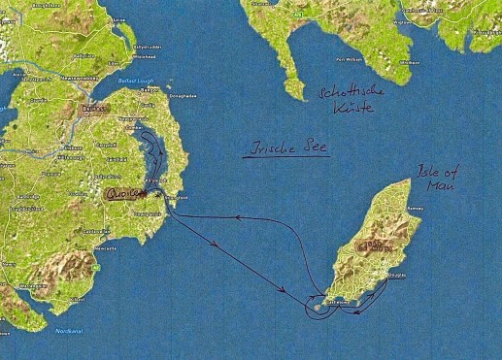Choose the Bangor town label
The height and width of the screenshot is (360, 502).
[150, 90]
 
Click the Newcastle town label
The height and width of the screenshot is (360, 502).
[105, 248]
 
